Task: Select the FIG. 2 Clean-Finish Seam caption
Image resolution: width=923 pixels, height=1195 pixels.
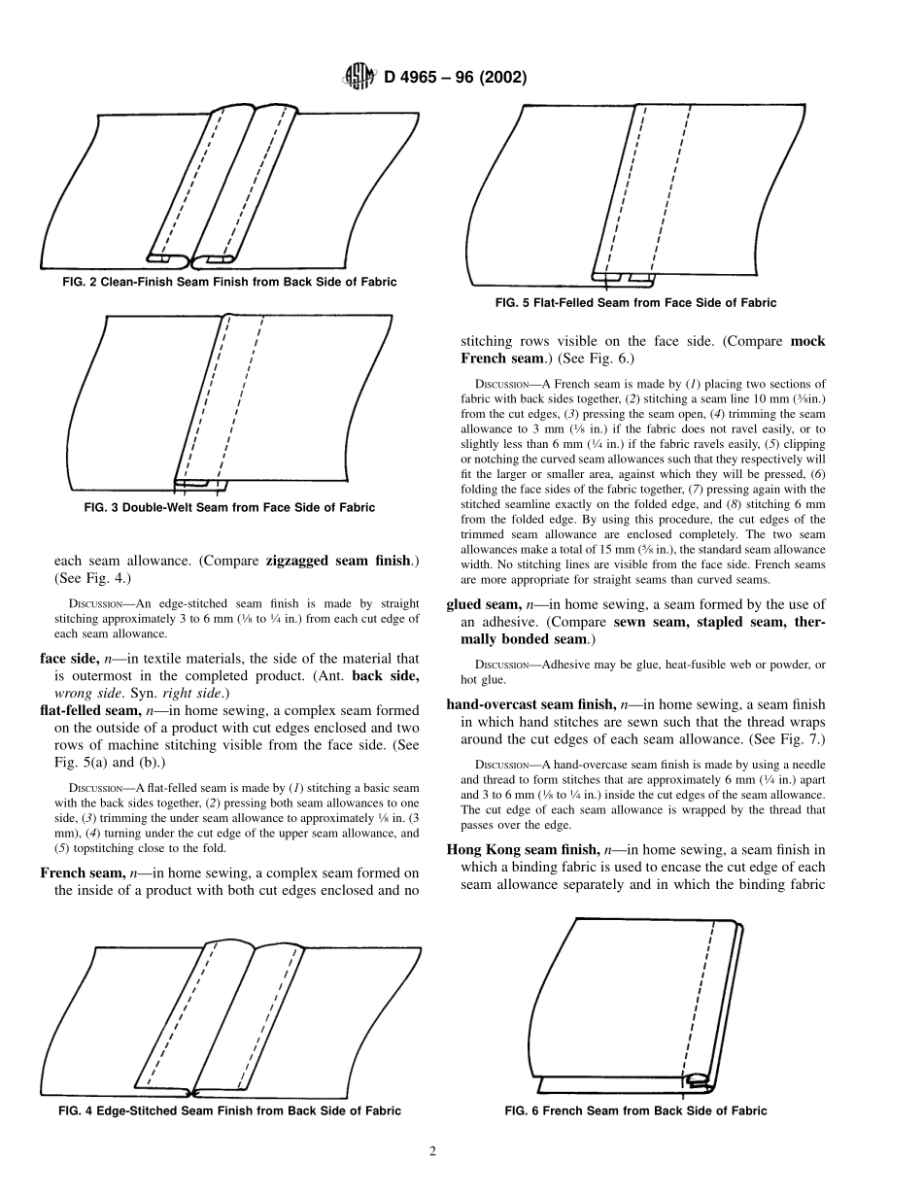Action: point(224,282)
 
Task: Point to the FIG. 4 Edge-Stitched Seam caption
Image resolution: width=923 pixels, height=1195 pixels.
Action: point(229,1110)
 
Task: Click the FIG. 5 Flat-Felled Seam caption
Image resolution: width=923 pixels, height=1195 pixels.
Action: point(635,303)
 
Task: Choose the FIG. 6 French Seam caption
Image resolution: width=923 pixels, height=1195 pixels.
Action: point(636,1110)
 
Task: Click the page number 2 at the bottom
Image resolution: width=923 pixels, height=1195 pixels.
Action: point(433,1153)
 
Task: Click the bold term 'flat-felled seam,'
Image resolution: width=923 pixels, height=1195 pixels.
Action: point(94,711)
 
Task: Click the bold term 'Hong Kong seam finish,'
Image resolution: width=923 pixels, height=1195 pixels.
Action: point(516,848)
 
